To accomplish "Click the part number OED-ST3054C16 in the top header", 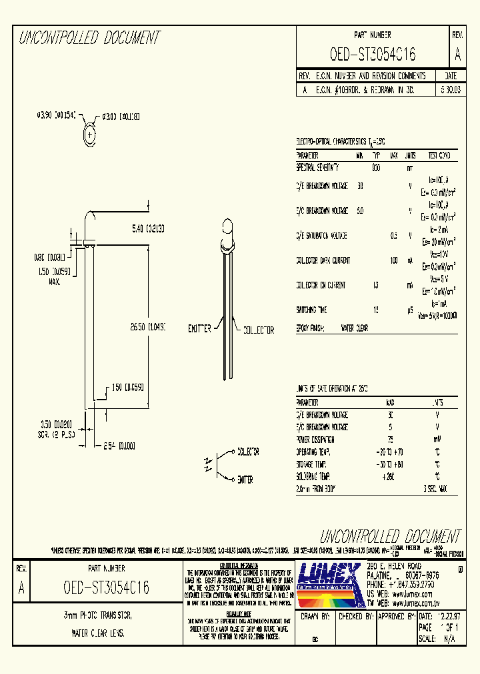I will pyautogui.click(x=373, y=55).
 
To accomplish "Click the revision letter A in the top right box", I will pyautogui.click(x=457, y=55).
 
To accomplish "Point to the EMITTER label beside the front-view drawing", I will pyautogui.click(x=199, y=329).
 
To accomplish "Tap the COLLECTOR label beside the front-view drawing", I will pyautogui.click(x=258, y=330).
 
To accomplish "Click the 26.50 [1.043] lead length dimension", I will pyautogui.click(x=148, y=327).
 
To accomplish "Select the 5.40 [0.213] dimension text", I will pyautogui.click(x=147, y=228).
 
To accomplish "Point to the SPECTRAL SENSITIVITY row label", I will pyautogui.click(x=317, y=168).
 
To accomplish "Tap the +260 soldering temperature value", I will pyautogui.click(x=389, y=477).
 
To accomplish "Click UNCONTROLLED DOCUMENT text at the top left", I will pyautogui.click(x=89, y=37).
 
